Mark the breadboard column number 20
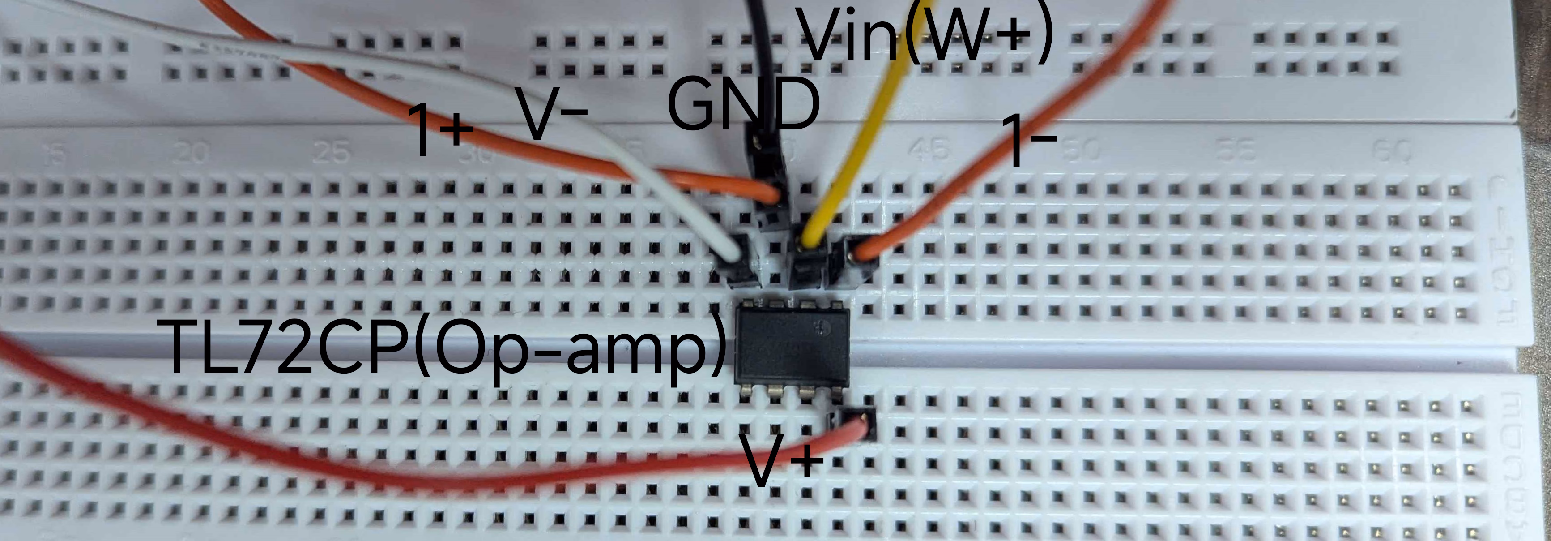191,154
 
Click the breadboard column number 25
331,154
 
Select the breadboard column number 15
54,155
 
